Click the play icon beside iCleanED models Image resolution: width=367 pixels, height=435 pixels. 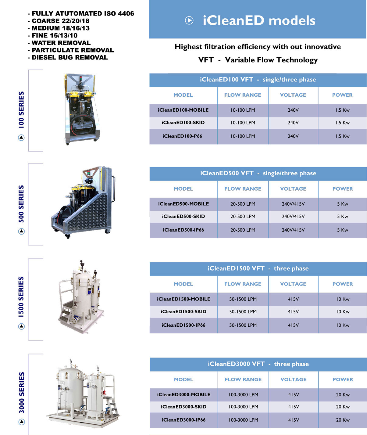point(189,20)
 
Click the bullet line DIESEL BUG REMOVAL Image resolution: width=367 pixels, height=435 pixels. point(69,57)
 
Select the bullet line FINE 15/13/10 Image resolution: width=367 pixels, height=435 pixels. point(54,35)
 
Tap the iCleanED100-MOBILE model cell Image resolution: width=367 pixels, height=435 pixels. point(183,110)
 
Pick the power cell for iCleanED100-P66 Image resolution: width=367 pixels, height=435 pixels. point(342,136)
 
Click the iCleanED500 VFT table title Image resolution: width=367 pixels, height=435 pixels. point(258,173)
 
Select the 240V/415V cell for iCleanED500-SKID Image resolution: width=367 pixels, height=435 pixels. point(293,216)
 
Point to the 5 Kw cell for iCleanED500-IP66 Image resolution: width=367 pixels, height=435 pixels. point(342,230)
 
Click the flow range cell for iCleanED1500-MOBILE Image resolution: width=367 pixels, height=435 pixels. point(243,299)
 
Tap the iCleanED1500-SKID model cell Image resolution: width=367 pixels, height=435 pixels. point(184,312)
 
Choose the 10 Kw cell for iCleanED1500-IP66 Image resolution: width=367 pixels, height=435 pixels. point(343,325)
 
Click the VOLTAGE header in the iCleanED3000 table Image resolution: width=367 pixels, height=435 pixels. point(293,379)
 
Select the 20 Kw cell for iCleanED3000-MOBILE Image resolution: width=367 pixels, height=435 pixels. point(343,395)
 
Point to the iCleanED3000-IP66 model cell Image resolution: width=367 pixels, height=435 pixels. point(184,420)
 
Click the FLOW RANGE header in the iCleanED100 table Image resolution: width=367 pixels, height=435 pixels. point(243,95)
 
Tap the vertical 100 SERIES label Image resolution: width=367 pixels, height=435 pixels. point(21,110)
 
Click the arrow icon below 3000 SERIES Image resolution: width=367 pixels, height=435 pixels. point(22,422)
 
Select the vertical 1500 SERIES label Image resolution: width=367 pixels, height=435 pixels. point(21,297)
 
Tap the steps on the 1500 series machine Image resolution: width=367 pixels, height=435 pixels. point(67,311)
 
